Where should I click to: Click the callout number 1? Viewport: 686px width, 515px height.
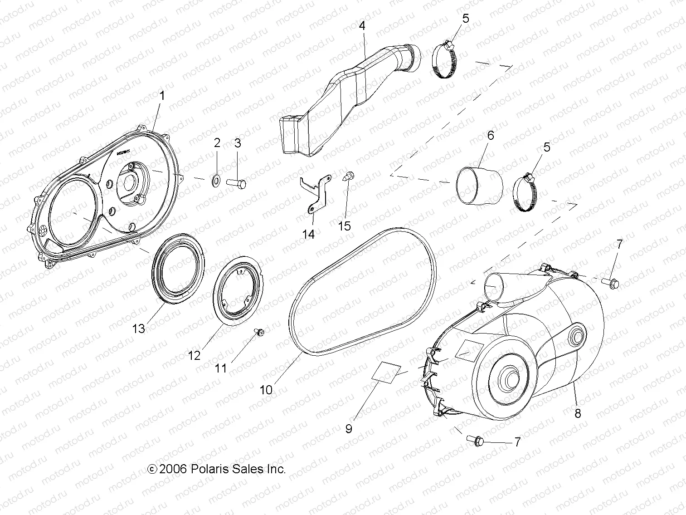tap(162, 96)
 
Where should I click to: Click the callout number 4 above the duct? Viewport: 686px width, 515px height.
tap(362, 26)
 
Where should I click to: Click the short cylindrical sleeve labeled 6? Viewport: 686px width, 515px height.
tap(480, 186)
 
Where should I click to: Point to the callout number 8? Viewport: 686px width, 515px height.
tap(578, 413)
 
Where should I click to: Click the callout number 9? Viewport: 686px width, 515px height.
tap(349, 429)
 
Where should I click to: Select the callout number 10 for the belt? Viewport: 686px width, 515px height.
tap(266, 390)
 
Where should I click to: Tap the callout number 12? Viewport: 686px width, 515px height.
tap(194, 355)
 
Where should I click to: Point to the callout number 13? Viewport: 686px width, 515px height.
tap(139, 328)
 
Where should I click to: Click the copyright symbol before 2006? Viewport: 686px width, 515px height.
tap(153, 469)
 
